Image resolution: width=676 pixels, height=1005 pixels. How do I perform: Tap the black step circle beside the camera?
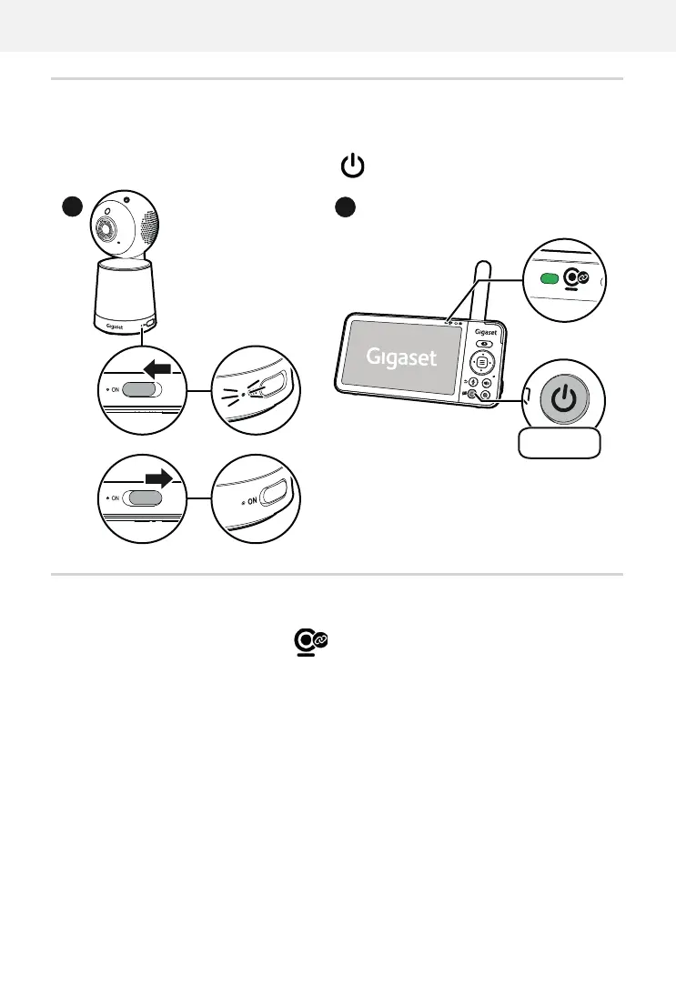[71, 206]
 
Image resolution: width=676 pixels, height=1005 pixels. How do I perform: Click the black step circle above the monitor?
[344, 206]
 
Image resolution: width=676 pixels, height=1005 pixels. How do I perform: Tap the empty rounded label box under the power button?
[559, 443]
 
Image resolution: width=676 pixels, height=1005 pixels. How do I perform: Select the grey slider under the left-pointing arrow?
[142, 390]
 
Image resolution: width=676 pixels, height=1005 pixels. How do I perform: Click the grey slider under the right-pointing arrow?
[146, 497]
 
